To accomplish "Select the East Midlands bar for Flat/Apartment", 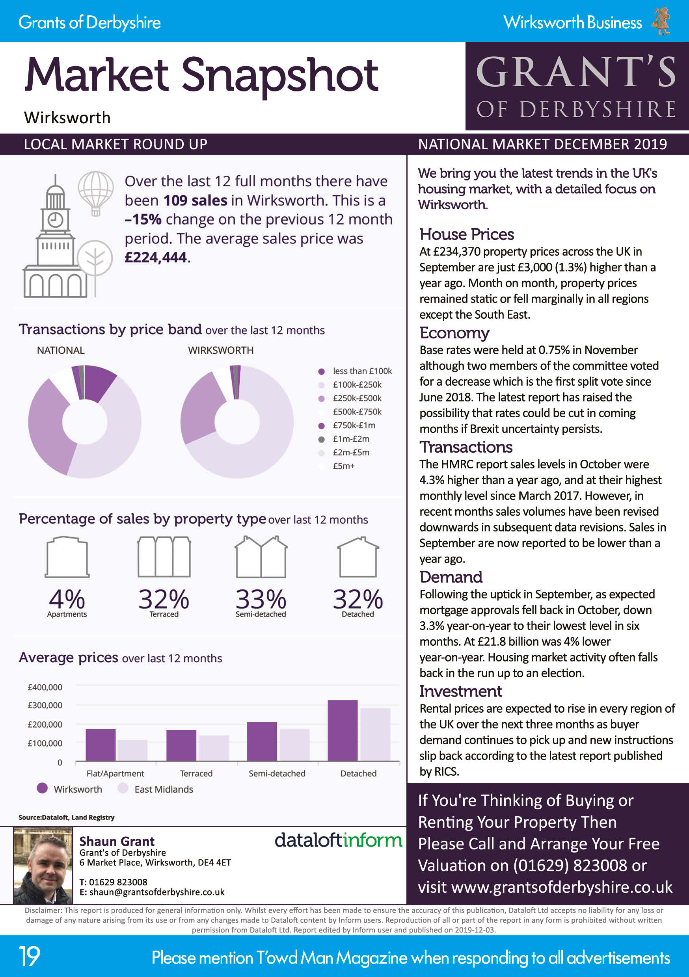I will (132, 750).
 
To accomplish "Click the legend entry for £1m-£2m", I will (351, 439).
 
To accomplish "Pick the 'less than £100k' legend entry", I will (362, 371).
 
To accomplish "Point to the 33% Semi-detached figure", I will (261, 600).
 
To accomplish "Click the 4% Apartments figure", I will (67, 600).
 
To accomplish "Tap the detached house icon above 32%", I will (358, 557).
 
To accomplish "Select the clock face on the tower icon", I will (55, 220).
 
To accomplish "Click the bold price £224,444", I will (156, 257).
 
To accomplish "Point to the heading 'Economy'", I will (454, 333).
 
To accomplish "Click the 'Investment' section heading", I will (460, 691).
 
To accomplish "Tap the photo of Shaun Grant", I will (43, 866).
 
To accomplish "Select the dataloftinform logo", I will (338, 840).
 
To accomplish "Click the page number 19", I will (30, 957).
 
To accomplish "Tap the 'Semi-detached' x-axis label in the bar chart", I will (277, 773).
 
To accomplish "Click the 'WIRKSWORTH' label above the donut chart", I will (221, 350).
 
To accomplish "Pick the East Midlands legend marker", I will (123, 788).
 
